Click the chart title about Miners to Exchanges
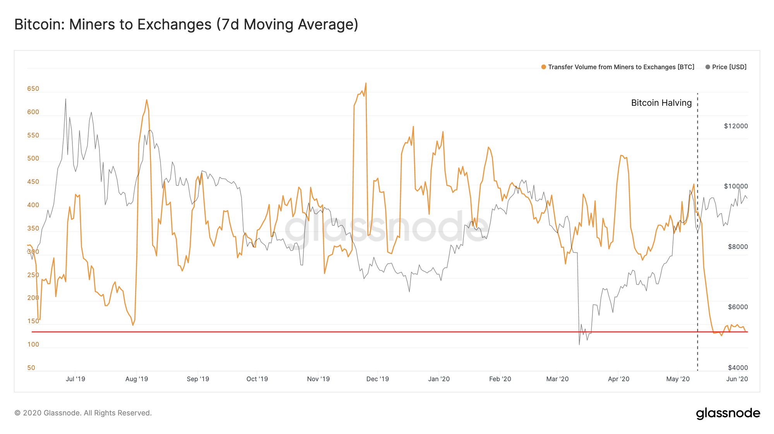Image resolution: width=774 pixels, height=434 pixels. (186, 24)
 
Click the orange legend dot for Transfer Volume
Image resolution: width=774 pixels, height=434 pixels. (544, 67)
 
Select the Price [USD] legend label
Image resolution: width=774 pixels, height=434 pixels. (729, 67)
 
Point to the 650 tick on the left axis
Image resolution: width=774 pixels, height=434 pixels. (33, 89)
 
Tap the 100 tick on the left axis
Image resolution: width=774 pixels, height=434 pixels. (33, 345)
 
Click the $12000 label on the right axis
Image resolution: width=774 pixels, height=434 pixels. (736, 126)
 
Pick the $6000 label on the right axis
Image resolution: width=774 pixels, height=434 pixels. (738, 307)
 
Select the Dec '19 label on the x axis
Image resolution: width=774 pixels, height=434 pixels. (377, 379)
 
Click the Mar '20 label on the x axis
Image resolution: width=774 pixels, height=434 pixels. (557, 379)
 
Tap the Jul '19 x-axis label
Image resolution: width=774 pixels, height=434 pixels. (75, 379)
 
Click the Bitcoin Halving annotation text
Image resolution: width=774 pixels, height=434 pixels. (661, 103)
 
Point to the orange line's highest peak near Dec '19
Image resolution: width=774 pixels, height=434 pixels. (366, 83)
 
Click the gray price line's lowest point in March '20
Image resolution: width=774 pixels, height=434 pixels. (579, 344)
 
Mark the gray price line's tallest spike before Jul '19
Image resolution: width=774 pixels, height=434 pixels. (65, 99)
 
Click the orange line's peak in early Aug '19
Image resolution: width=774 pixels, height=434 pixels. (147, 100)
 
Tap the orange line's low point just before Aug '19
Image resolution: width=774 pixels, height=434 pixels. (133, 325)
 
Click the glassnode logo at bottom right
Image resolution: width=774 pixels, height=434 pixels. (728, 413)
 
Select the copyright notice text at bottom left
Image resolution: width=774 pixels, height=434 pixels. (83, 413)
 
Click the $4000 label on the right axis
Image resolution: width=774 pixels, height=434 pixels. (738, 367)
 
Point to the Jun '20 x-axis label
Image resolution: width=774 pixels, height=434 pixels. (737, 379)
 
